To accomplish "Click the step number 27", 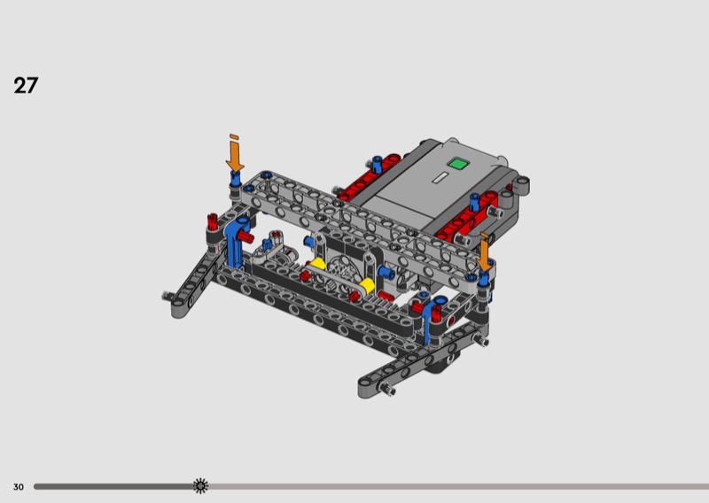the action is (26, 85).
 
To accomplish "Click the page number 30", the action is (18, 487).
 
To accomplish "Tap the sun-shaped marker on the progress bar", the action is (200, 486).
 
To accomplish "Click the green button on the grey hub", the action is (457, 164).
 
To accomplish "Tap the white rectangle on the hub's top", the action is (440, 177).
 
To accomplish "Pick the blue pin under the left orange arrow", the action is (235, 179).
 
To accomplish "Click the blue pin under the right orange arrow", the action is (484, 278).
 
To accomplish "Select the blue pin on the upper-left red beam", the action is (376, 164).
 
